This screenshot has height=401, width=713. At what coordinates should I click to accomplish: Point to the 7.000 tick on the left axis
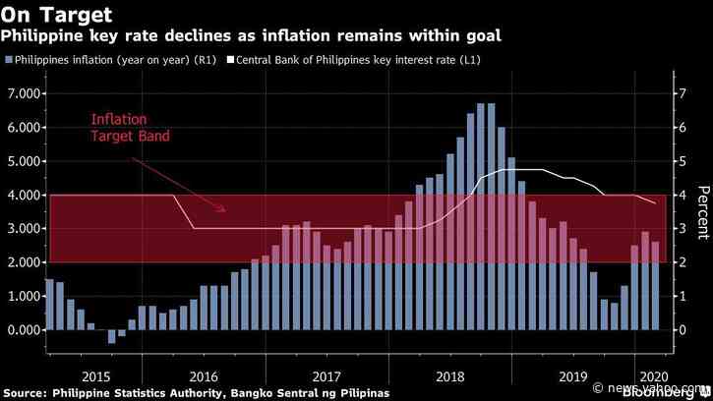(23, 93)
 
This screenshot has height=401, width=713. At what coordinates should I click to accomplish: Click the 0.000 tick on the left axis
(23, 330)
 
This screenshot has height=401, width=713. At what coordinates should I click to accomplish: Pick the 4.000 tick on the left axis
(23, 195)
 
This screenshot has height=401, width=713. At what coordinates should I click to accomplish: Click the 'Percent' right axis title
(702, 212)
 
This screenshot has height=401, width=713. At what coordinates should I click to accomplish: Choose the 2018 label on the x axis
(450, 375)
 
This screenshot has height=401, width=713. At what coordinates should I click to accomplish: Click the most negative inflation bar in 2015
(111, 336)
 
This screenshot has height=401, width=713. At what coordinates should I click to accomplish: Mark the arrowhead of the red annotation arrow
(226, 208)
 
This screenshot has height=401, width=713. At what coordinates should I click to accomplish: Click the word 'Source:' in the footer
(29, 393)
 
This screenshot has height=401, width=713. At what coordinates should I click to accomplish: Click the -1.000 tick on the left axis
(23, 364)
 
